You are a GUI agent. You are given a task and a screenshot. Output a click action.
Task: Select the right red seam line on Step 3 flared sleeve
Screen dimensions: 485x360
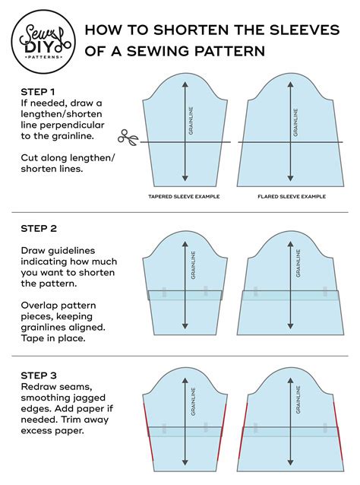tap(334, 430)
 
